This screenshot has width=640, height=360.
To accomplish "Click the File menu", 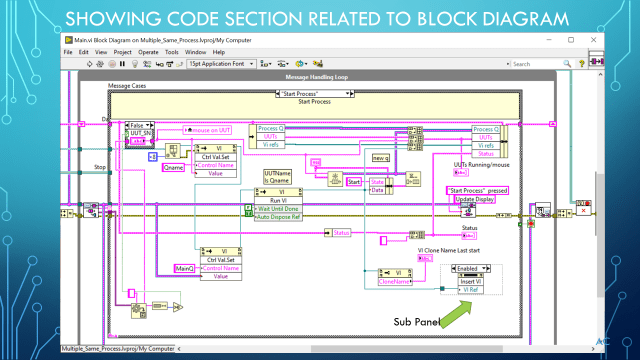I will [x=68, y=51].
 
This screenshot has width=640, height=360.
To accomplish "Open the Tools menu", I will [x=171, y=51].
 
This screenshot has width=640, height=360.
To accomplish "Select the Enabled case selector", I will [x=472, y=268].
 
